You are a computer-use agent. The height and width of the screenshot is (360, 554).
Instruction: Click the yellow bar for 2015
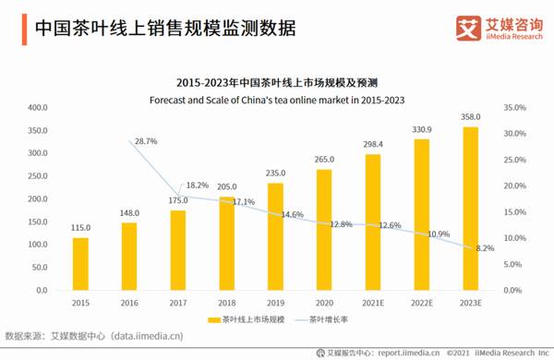(81, 264)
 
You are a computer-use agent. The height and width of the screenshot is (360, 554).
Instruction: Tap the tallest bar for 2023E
(470, 208)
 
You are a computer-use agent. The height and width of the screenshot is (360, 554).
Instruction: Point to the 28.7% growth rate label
(146, 141)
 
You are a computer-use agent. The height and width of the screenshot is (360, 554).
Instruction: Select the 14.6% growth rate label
(292, 214)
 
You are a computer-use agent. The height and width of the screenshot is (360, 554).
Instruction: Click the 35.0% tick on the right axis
(513, 108)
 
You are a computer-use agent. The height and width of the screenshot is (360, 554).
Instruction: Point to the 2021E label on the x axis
(372, 302)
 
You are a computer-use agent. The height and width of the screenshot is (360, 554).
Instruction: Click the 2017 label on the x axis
(178, 302)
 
